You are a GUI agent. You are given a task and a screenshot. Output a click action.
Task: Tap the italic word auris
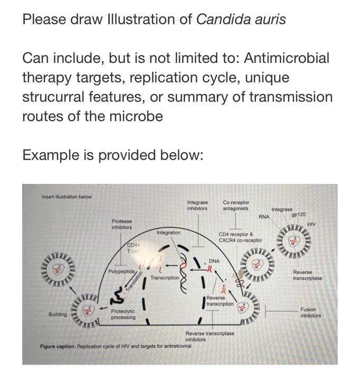pyautogui.click(x=269, y=20)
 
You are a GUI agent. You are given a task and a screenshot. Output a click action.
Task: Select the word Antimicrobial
pyautogui.click(x=286, y=58)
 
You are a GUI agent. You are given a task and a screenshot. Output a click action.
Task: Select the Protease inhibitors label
pyautogui.click(x=122, y=224)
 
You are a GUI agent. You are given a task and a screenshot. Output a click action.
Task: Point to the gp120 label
pyautogui.click(x=298, y=215)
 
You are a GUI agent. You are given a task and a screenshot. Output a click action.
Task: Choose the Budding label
pyautogui.click(x=58, y=314)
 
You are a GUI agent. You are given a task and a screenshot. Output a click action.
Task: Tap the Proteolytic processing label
pyautogui.click(x=123, y=314)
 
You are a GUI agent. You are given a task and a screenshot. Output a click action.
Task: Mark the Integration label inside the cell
pyautogui.click(x=168, y=233)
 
